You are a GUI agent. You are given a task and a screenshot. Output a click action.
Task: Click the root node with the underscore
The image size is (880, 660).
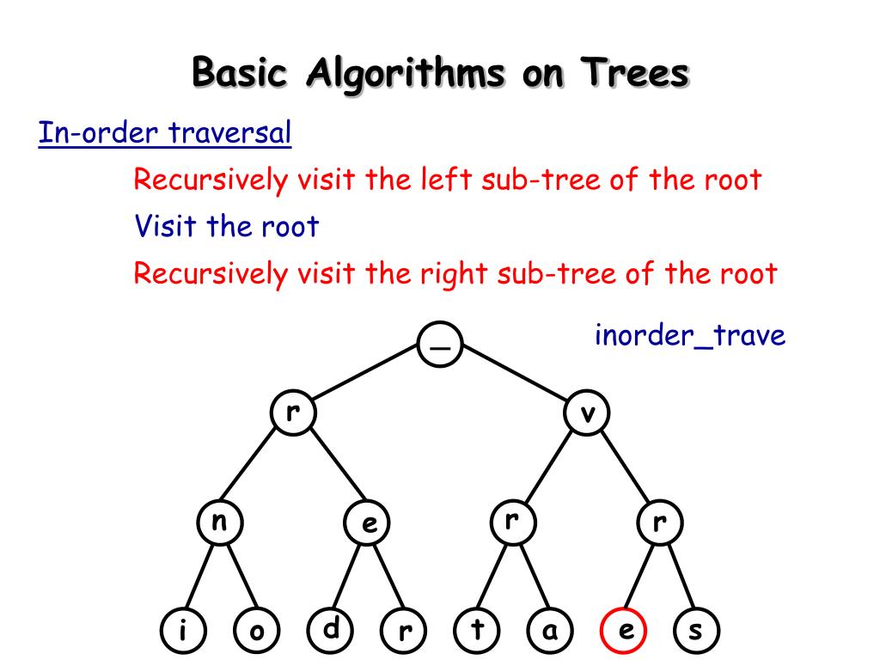coord(440,345)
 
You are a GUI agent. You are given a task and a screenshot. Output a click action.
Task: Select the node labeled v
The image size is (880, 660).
coord(588,414)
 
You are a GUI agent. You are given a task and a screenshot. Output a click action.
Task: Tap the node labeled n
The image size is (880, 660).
coord(219,522)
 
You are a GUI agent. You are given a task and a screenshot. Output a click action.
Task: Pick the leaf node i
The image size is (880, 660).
coord(183,632)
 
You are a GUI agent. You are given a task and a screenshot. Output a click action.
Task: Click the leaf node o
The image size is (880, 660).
coord(257,632)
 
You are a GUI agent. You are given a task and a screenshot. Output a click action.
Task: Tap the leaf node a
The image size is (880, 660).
coord(551,632)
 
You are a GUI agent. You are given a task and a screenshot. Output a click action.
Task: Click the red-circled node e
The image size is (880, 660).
coord(625,632)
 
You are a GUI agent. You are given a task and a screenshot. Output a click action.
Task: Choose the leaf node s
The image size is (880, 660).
coord(696,632)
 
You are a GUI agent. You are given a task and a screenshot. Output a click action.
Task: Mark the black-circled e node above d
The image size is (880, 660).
coord(367,522)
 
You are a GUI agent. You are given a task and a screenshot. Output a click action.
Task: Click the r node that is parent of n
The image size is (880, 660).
coord(293,412)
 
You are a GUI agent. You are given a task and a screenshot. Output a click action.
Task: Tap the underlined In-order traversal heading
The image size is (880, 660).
coord(165,133)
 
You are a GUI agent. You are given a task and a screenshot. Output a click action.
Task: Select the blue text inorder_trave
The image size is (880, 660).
coord(690,335)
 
